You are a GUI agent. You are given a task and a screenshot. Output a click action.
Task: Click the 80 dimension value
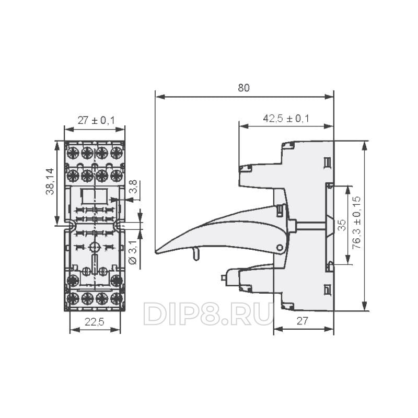click(243, 88)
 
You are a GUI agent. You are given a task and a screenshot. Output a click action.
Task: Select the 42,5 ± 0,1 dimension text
click(286, 119)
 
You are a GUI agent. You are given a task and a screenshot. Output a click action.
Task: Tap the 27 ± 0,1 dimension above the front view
click(96, 121)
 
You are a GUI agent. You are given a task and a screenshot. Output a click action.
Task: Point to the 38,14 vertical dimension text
click(50, 181)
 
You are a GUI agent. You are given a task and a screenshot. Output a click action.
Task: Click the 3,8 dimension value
click(133, 187)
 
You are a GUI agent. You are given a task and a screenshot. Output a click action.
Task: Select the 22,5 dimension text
click(95, 322)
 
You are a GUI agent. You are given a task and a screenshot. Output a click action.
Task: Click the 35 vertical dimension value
click(342, 225)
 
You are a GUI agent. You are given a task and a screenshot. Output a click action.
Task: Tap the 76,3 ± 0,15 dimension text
click(356, 223)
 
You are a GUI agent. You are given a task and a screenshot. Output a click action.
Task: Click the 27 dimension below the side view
click(302, 321)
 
